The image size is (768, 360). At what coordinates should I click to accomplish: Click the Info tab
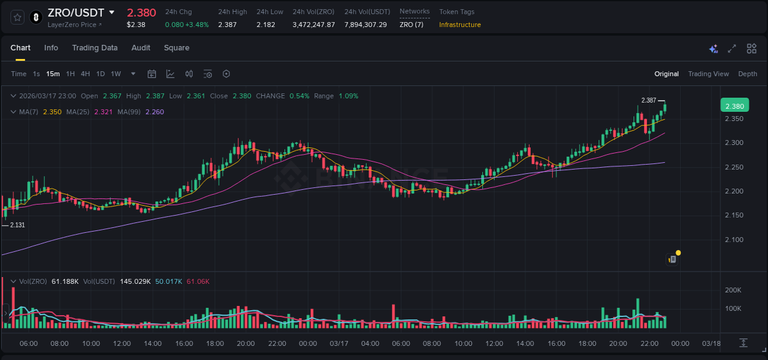click(51, 48)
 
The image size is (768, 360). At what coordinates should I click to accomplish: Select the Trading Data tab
click(95, 48)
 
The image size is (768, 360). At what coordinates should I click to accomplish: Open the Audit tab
click(141, 48)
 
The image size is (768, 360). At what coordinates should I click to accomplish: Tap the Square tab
click(176, 48)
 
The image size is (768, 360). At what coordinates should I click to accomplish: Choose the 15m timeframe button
click(53, 74)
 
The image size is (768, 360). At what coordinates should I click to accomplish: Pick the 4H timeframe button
click(85, 74)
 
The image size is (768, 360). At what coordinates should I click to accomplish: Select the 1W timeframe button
click(116, 74)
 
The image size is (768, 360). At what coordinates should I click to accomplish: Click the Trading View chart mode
click(708, 74)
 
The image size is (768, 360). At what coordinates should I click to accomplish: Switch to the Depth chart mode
click(748, 74)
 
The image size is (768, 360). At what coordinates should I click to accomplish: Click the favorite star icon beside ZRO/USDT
click(17, 17)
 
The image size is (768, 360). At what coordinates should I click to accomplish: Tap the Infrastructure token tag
click(460, 25)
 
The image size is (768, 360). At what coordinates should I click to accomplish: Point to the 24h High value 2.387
click(227, 25)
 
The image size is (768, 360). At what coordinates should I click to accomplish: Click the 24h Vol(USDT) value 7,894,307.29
click(366, 25)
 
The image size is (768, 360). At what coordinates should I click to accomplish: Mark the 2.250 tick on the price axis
click(734, 167)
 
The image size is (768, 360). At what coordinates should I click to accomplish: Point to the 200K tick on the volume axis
click(733, 290)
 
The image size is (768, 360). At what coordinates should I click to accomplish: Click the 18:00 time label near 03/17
click(587, 343)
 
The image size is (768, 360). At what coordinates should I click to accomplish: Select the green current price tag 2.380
click(734, 106)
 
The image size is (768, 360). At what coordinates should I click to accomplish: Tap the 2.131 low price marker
click(17, 225)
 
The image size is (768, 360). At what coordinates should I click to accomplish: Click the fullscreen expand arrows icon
click(732, 49)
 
